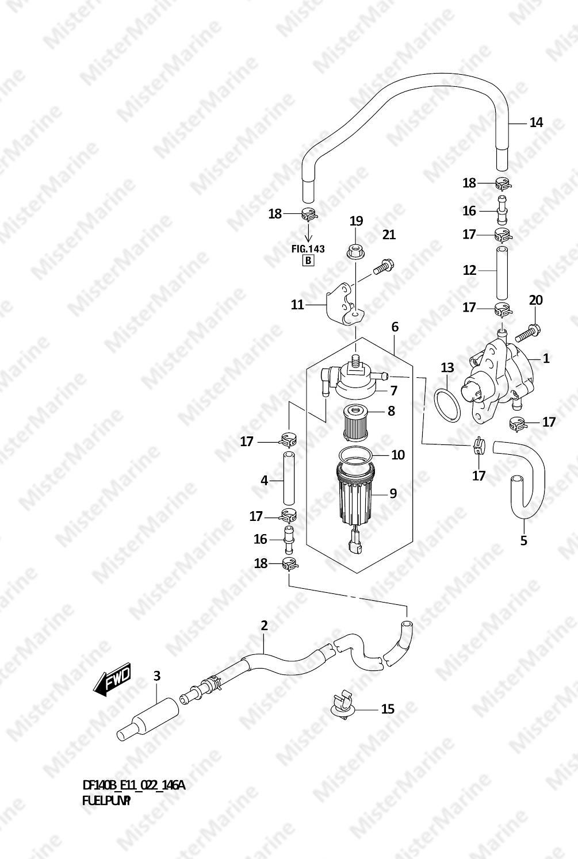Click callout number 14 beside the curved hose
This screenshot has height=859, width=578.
(x=536, y=122)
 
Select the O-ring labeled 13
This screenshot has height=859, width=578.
(x=447, y=405)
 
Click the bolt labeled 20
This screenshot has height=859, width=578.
(x=528, y=333)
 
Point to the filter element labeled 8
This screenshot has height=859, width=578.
(x=355, y=424)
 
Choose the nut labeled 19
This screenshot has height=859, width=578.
(x=355, y=252)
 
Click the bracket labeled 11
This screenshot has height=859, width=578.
(x=345, y=304)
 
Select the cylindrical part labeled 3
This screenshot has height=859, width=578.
(x=148, y=718)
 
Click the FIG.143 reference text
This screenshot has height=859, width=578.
(x=308, y=249)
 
